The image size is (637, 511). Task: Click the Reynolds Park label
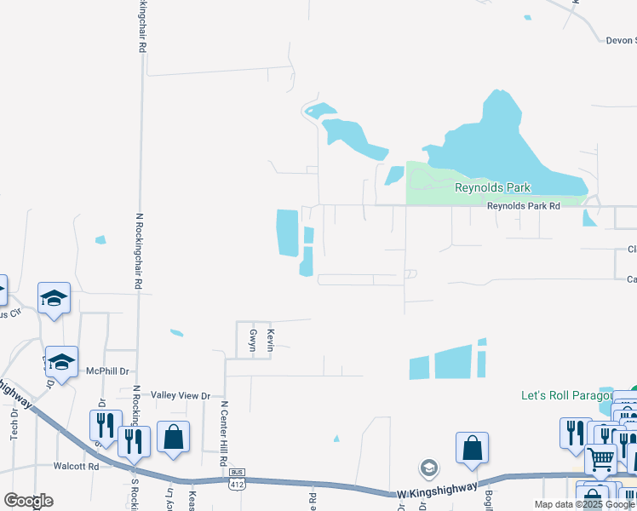pos(492,187)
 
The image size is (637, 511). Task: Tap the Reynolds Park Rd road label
pos(523,206)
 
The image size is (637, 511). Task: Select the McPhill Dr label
pos(107,371)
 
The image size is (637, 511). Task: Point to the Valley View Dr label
pos(180,395)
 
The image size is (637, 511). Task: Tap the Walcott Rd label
pos(76,466)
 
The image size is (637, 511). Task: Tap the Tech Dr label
pos(14,425)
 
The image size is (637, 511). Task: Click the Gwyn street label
pos(252,336)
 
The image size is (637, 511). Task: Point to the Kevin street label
pos(270,336)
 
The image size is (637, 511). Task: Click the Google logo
pos(28,500)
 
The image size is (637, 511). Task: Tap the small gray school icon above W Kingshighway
pos(428,468)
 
